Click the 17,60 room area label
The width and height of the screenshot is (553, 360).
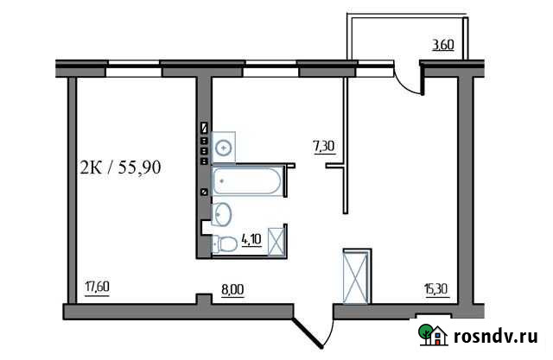tap(96, 288)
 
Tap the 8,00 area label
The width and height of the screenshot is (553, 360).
tap(232, 289)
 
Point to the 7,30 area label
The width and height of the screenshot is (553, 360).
tap(324, 146)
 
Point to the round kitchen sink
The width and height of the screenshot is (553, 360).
tap(226, 148)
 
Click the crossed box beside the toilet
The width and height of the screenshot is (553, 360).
tap(278, 241)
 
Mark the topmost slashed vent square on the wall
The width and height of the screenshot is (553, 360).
tap(204, 128)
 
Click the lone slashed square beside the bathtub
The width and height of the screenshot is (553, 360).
tap(204, 192)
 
